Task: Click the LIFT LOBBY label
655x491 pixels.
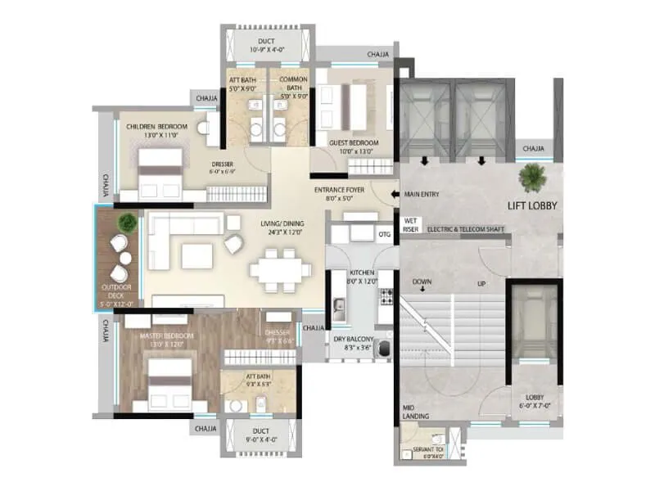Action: click(x=531, y=205)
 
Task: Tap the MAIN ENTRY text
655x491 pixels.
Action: click(x=428, y=194)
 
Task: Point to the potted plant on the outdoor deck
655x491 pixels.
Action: click(x=126, y=222)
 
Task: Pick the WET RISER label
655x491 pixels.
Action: click(x=411, y=224)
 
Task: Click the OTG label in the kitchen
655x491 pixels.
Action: click(x=384, y=236)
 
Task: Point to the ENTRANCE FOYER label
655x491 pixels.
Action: click(x=340, y=193)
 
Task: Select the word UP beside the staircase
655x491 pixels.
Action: click(x=482, y=284)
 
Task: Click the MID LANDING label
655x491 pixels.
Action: click(x=412, y=412)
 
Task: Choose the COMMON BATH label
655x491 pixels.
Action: click(x=293, y=83)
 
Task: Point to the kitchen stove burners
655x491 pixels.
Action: click(x=386, y=298)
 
